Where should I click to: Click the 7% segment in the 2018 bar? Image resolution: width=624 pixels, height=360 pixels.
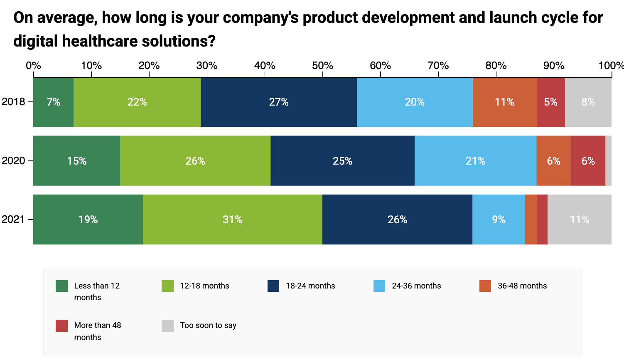click(x=54, y=102)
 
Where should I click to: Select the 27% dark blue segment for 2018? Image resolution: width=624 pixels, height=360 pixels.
click(x=278, y=102)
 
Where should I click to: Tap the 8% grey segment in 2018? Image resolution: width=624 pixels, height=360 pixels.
click(x=588, y=102)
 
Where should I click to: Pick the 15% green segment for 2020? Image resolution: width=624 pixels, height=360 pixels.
click(x=77, y=161)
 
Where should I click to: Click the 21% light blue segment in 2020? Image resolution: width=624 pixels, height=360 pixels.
click(x=475, y=161)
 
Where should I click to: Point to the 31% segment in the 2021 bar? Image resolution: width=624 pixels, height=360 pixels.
click(x=232, y=219)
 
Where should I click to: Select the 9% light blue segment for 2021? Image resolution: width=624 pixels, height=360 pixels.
click(x=499, y=219)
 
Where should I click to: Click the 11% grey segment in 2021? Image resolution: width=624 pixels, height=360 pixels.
click(x=579, y=219)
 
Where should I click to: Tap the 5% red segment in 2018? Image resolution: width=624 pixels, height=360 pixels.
click(x=550, y=102)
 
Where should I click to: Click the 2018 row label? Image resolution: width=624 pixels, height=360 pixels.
click(x=13, y=102)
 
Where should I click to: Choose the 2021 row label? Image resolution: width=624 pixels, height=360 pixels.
click(x=13, y=219)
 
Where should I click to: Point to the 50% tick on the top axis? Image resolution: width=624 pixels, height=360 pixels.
click(x=323, y=66)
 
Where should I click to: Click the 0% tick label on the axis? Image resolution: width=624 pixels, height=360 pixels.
click(x=33, y=66)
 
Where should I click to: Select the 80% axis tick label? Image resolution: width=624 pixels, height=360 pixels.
click(x=496, y=66)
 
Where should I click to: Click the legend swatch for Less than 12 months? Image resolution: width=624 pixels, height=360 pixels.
click(x=61, y=286)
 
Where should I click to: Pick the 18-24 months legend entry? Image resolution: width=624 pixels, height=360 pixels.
click(x=310, y=286)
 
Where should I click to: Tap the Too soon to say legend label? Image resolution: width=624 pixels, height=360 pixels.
click(x=208, y=325)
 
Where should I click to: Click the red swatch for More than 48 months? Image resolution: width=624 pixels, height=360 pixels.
click(x=61, y=325)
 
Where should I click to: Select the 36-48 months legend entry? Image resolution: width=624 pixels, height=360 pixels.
click(x=522, y=286)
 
